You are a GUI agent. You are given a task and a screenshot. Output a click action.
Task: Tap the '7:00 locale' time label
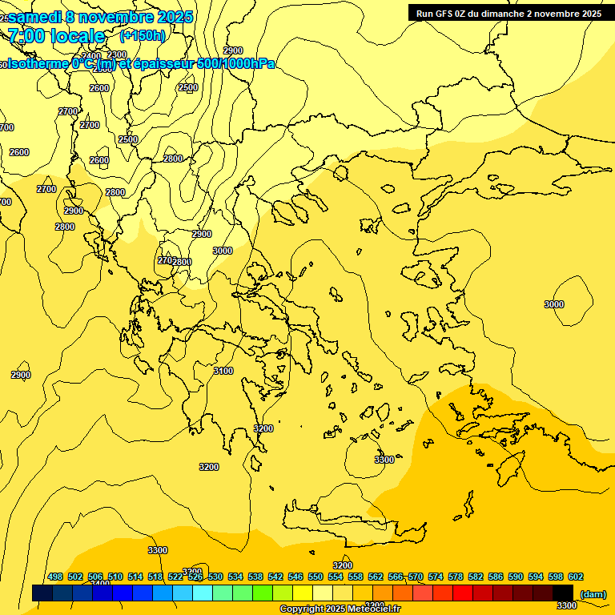tap(56, 36)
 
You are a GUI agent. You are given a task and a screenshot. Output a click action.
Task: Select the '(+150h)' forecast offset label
tap(143, 35)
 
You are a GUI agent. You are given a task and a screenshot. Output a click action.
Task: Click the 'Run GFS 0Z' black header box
tap(508, 13)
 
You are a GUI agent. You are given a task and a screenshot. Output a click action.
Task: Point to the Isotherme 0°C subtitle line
tap(141, 63)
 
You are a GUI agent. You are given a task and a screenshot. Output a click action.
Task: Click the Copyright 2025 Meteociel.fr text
tap(340, 609)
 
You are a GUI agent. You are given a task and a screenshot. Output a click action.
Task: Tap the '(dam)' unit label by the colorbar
tap(593, 594)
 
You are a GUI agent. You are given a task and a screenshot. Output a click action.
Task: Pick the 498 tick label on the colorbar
tap(55, 577)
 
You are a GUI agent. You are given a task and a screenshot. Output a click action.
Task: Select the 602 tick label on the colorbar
tap(575, 577)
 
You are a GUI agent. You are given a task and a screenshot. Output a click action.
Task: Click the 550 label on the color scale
tap(316, 577)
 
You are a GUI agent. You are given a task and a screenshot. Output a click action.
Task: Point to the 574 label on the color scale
tap(436, 577)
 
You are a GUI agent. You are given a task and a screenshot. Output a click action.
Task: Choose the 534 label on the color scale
tap(235, 577)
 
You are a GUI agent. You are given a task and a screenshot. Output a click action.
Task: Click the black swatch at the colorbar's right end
tap(563, 593)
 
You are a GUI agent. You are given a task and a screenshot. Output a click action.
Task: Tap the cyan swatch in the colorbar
tap(203, 593)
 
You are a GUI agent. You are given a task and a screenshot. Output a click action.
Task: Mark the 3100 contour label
tap(223, 371)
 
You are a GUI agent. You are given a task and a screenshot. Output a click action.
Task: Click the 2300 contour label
tap(117, 54)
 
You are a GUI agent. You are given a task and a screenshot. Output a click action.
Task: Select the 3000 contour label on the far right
tap(554, 304)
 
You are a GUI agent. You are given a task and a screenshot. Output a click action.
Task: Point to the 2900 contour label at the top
tap(233, 50)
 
